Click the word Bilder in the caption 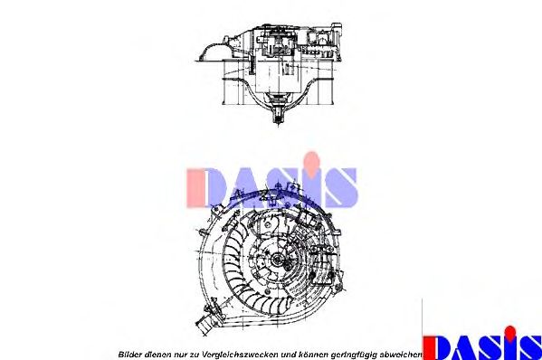pos(130,354)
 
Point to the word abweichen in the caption pos(404,354)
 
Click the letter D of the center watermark pos(200,187)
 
